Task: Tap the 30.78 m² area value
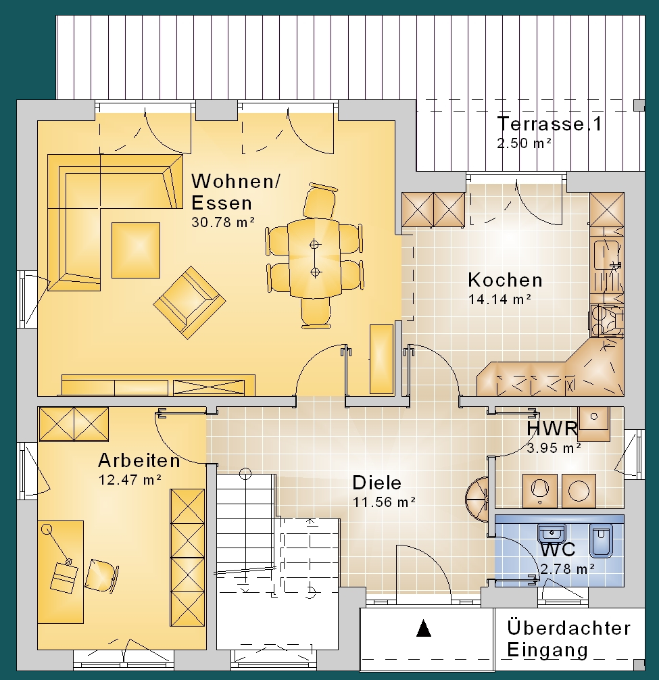[x=223, y=222]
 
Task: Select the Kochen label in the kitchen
[x=505, y=280]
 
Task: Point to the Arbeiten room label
[x=139, y=460]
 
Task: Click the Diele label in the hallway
[x=376, y=483]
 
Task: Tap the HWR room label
[x=552, y=429]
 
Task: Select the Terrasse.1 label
[x=550, y=124]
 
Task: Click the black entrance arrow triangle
[x=424, y=628]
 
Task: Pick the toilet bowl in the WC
[x=601, y=541]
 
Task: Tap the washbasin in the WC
[x=552, y=533]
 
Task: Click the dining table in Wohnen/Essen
[x=314, y=259]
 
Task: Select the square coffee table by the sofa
[x=136, y=250]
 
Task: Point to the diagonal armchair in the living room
[x=189, y=302]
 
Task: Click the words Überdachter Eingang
[x=568, y=638]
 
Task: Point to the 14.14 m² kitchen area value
[x=500, y=299]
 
